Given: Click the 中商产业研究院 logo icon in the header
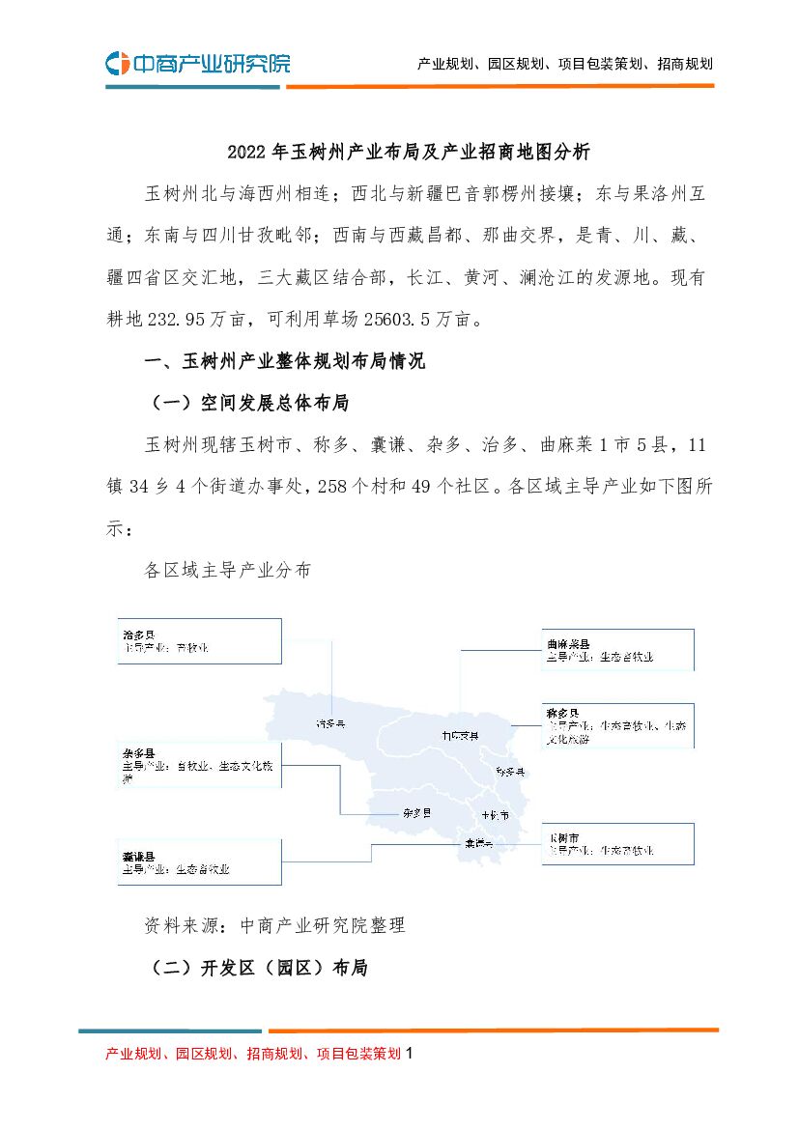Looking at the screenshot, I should (117, 64).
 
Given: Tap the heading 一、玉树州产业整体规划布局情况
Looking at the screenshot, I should (284, 362).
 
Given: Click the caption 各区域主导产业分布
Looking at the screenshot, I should (228, 570).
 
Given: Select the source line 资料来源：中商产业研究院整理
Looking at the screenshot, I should (274, 925).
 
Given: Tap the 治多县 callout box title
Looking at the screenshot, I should (137, 635).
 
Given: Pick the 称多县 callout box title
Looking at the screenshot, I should (561, 714).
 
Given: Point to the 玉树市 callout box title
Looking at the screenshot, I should (562, 837).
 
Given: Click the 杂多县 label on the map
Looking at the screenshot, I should (416, 813).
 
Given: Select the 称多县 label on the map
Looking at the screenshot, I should (509, 772).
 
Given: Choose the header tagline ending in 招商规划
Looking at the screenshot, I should (565, 65).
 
